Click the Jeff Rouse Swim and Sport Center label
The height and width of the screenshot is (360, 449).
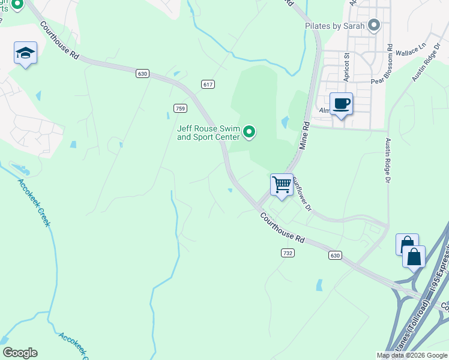208,132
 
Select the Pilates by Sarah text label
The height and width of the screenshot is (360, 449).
334,26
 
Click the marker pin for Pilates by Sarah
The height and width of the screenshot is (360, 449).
375,25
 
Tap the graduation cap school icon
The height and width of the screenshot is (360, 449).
26,53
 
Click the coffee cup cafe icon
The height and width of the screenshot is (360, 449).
341,104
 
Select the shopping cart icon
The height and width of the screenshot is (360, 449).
282,185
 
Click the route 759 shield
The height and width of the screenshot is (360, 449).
180,108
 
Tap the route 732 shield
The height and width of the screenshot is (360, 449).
288,253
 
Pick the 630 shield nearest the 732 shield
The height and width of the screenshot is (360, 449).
335,256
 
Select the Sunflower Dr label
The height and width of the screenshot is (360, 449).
302,197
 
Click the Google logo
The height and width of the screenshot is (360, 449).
20,353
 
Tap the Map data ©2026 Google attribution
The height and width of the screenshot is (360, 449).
412,355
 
